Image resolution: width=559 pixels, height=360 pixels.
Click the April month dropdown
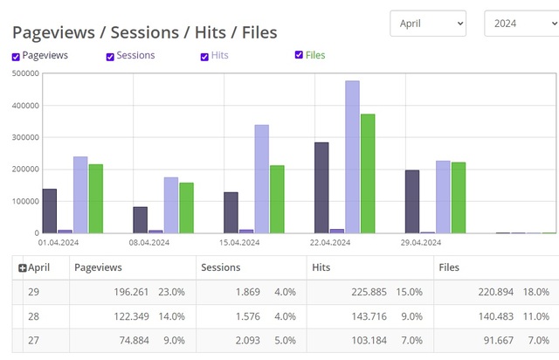coord(427,24)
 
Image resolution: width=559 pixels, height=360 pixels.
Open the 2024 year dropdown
coord(521,24)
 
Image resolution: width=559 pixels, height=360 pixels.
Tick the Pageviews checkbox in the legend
coord(17,57)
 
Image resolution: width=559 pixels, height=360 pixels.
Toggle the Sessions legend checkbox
coord(110,57)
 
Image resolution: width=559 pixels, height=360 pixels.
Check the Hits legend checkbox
coord(204,57)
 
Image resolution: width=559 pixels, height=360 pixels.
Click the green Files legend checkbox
coord(300,56)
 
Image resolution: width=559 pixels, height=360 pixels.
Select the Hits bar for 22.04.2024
coord(352,157)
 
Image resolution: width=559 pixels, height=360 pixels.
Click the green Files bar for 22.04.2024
coord(368,174)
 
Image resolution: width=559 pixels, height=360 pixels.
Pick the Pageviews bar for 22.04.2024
coord(321,188)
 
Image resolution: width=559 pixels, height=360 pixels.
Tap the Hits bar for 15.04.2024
coord(261,179)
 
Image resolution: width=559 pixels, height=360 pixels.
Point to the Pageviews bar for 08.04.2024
coord(140,220)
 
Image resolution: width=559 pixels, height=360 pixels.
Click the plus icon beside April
coord(23,268)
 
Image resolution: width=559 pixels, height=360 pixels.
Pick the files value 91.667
coord(494,339)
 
